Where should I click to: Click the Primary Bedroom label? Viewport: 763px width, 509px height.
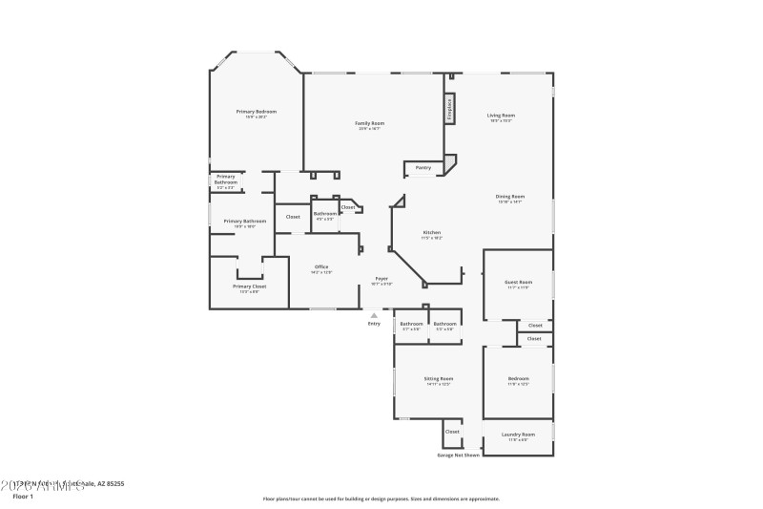[x=257, y=112]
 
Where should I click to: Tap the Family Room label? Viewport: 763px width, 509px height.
[x=370, y=123]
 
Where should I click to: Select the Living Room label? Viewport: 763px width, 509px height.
[x=501, y=116]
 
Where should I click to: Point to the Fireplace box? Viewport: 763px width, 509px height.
[x=448, y=109]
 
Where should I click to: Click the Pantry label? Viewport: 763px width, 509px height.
[x=423, y=168]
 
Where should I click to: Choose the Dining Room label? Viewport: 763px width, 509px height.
[x=510, y=197]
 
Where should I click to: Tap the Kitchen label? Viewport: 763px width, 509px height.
[x=432, y=233]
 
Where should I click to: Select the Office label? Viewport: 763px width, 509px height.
[x=321, y=267]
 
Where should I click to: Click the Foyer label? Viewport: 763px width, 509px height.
[x=381, y=279]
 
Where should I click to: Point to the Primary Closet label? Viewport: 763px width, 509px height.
[x=249, y=286]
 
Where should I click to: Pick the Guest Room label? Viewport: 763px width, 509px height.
[x=518, y=282]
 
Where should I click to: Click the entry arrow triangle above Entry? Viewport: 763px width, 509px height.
[x=374, y=314]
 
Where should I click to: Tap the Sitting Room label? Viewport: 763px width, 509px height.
[x=439, y=379]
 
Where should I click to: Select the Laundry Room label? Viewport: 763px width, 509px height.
[x=518, y=435]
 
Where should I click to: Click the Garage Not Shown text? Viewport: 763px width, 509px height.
[x=458, y=455]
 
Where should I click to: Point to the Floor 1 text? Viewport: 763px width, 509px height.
[x=23, y=496]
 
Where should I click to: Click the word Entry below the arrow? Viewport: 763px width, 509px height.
[x=374, y=324]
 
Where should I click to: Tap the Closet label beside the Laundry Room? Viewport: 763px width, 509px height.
[x=452, y=432]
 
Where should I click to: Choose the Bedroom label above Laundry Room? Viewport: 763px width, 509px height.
[x=518, y=379]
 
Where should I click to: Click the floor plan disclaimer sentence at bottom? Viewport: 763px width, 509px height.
[x=381, y=498]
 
